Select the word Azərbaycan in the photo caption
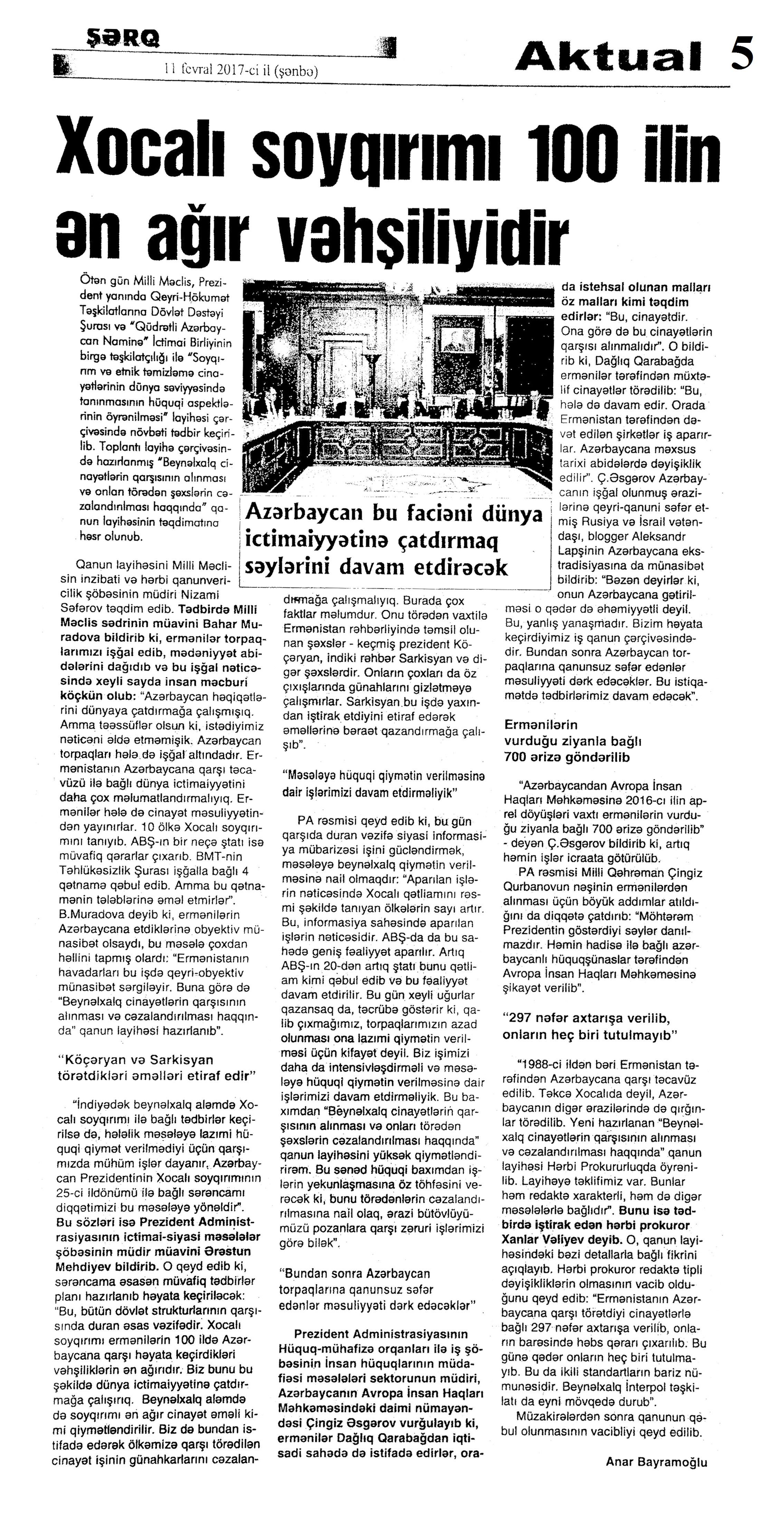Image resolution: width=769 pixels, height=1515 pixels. [301, 513]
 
